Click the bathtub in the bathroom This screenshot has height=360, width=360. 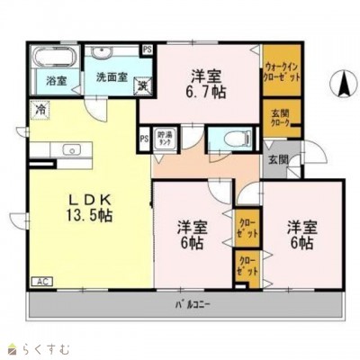pyautogui.click(x=50, y=56)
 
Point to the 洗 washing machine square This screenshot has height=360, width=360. pyautogui.click(x=142, y=85)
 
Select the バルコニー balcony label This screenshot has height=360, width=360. pyautogui.click(x=192, y=303)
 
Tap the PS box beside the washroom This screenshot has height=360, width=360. pyautogui.click(x=147, y=49)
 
